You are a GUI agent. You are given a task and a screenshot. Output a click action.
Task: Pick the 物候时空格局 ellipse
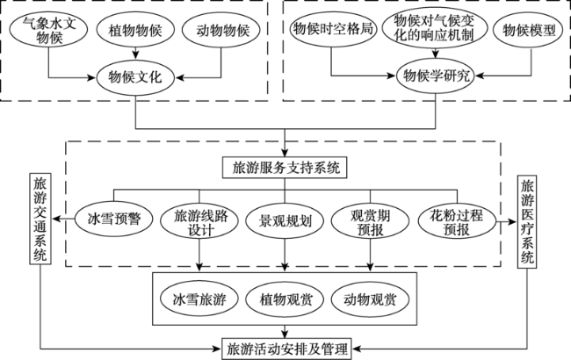tap(332, 30)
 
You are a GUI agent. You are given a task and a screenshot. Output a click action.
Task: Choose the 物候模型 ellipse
tap(524, 30)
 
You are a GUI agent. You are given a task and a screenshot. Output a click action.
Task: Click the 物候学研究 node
tap(434, 76)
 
